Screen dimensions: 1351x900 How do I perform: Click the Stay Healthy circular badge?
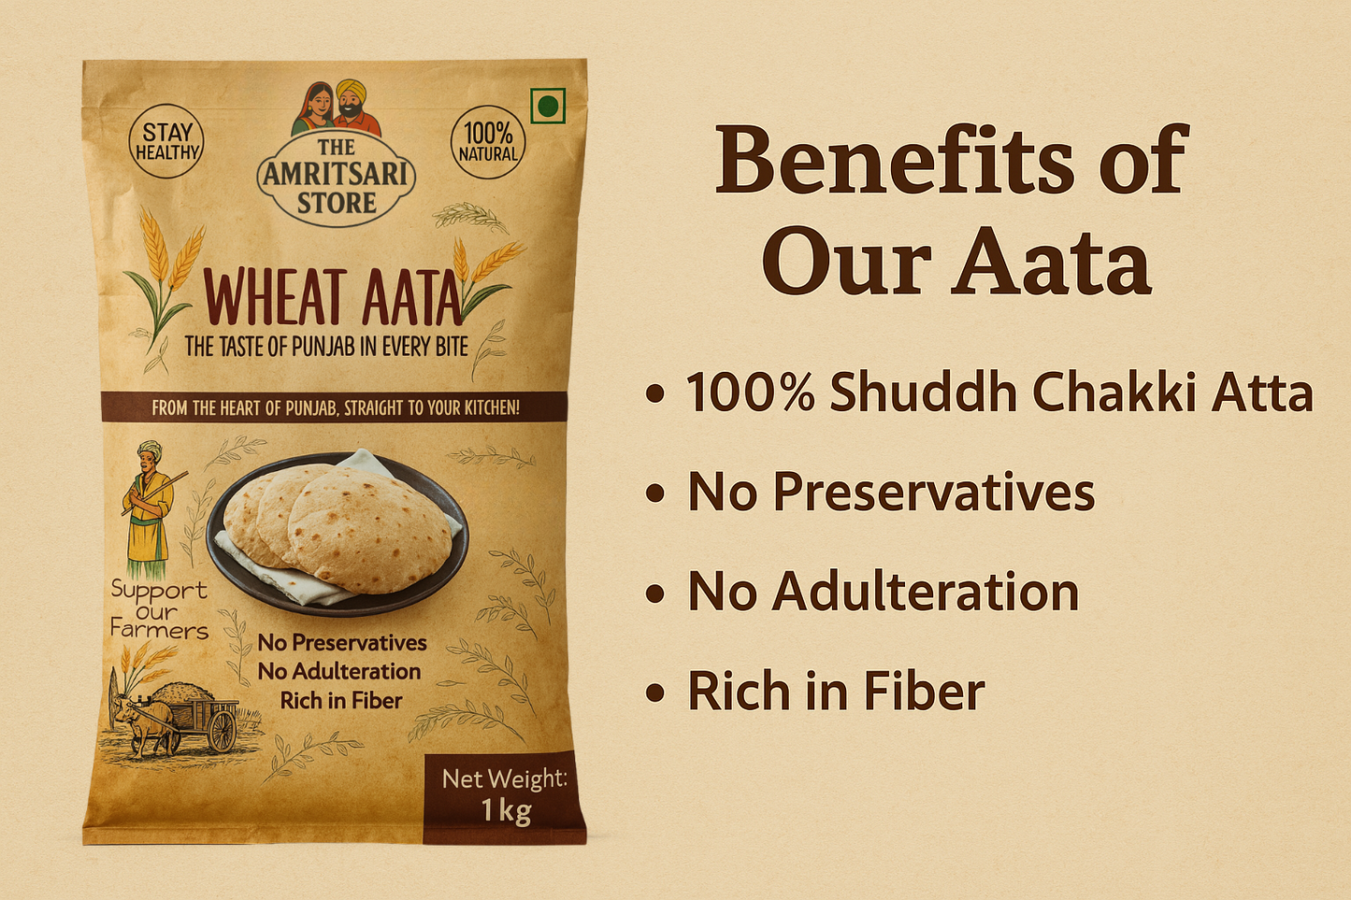(166, 142)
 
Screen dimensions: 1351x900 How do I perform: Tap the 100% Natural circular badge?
(488, 142)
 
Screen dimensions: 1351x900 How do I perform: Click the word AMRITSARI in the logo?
(336, 174)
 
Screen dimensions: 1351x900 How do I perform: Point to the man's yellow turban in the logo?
(351, 89)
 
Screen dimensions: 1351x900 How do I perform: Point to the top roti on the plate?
(369, 529)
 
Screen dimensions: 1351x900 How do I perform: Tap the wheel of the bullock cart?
(222, 731)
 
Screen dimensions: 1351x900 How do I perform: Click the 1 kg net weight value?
(506, 811)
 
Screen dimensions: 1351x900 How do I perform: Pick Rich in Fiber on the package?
(340, 701)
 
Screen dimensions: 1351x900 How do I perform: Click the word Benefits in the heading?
(894, 159)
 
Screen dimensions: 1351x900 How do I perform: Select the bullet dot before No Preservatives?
(654, 493)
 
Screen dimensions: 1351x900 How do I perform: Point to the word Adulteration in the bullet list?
(926, 592)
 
